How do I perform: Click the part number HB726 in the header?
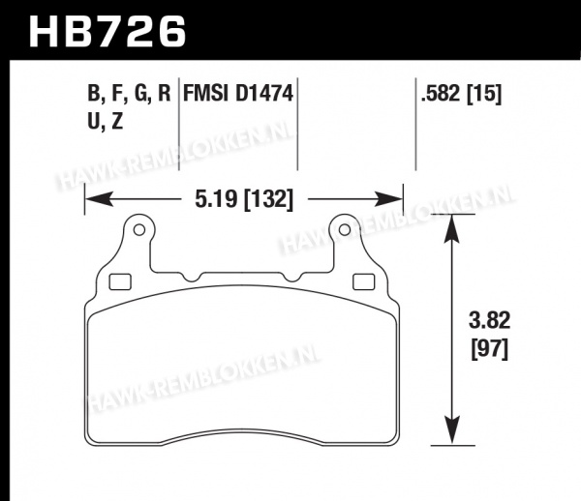[107, 32]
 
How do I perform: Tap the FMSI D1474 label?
[238, 93]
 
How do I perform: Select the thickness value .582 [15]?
[461, 93]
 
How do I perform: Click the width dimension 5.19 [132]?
[244, 200]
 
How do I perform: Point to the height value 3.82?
[489, 320]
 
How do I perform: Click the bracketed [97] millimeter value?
[489, 348]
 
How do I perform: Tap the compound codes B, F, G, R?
[129, 93]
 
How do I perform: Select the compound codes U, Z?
[106, 121]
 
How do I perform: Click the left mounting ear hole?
[138, 230]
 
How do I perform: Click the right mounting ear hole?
[345, 230]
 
